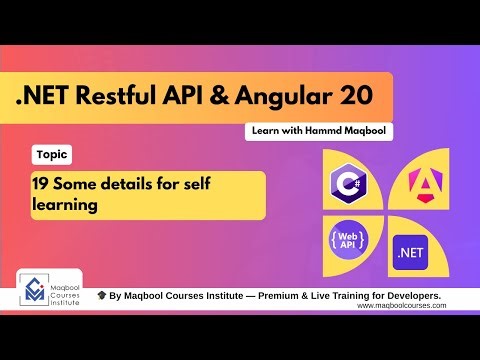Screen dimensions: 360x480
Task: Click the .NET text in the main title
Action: coord(52,98)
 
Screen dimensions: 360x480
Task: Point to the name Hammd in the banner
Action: coord(320,131)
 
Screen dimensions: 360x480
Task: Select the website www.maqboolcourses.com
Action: coord(402,306)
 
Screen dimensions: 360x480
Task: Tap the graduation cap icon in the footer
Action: coord(101,296)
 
